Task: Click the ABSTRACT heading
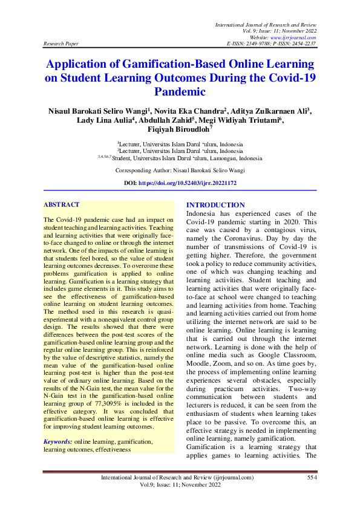62,205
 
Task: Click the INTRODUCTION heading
215,205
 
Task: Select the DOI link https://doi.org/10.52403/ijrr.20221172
187,183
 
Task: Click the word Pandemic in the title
180,92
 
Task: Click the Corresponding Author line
180,170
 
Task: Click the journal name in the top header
266,22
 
